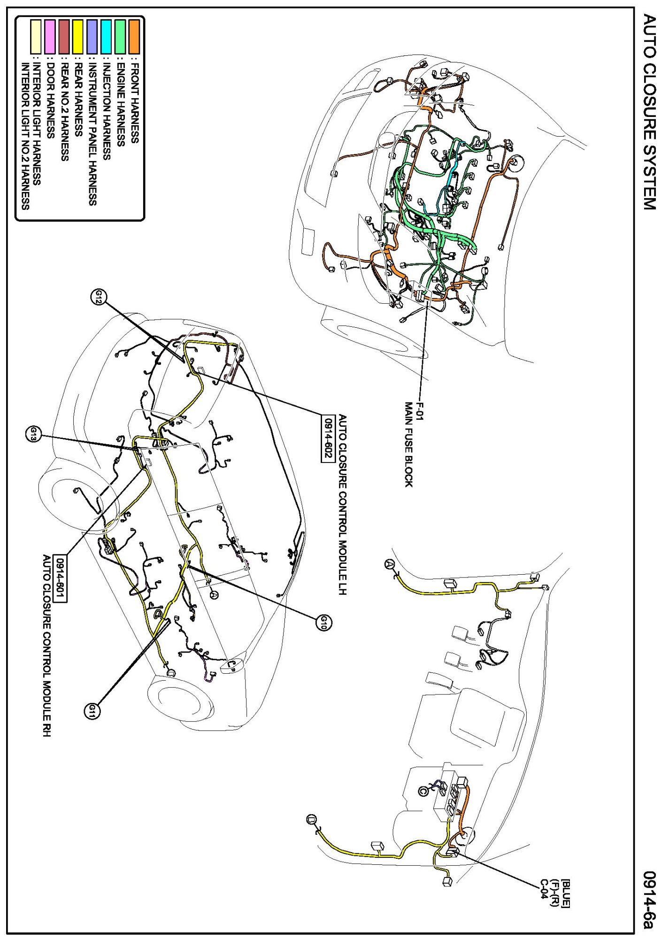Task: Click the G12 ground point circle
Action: pos(100,297)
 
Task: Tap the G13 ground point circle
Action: pos(34,433)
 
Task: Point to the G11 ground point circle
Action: pos(92,709)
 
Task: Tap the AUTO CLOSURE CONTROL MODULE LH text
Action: pos(342,505)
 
